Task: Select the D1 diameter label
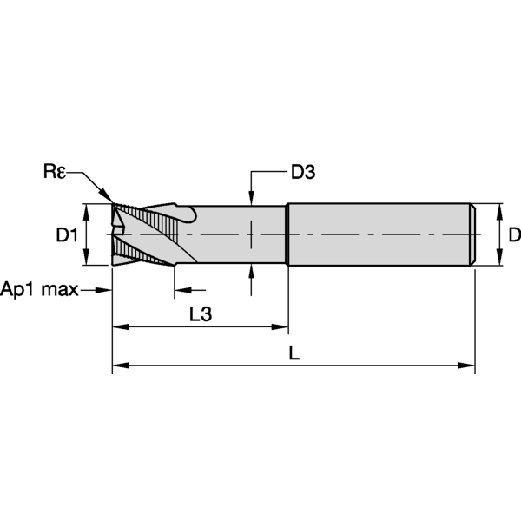(67, 234)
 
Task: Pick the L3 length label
(200, 316)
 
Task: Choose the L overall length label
(294, 354)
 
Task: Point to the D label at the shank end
(513, 234)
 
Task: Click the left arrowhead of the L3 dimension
(119, 327)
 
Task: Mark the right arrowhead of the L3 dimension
(281, 327)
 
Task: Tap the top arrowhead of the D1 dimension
(86, 210)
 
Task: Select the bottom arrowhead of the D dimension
(499, 259)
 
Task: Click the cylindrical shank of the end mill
(382, 234)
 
